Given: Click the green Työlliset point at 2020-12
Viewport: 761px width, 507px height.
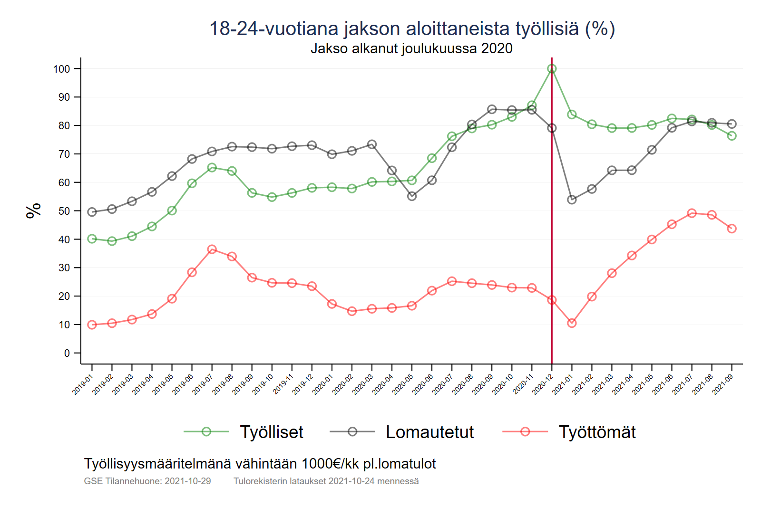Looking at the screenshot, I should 552,69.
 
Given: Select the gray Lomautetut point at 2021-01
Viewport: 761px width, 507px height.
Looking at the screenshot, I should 572,200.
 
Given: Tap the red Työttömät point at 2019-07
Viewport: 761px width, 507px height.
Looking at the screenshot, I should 212,249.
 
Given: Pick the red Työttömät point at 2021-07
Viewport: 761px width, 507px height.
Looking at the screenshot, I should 692,213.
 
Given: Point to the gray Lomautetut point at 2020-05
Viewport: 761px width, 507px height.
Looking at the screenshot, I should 412,196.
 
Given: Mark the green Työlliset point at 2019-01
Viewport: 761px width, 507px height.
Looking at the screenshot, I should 92,239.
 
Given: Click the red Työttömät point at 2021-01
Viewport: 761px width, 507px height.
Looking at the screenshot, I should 572,323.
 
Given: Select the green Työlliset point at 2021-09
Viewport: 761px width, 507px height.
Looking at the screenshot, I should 732,136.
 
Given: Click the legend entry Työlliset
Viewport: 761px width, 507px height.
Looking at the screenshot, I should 271,432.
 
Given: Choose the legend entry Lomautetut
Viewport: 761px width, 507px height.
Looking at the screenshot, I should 429,432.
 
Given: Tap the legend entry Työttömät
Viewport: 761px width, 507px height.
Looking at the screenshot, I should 597,432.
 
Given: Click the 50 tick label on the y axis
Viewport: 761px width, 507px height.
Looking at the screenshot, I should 64,211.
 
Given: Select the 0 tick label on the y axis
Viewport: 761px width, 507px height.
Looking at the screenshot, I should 67,353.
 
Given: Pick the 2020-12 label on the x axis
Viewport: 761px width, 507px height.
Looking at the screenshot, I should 543,384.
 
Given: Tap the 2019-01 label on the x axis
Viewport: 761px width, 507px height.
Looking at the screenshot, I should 83,384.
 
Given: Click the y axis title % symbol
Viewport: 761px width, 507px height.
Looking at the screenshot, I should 33,210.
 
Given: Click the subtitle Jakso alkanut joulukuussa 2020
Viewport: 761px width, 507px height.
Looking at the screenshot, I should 411,48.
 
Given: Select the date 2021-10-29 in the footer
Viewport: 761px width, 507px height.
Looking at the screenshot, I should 187,481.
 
